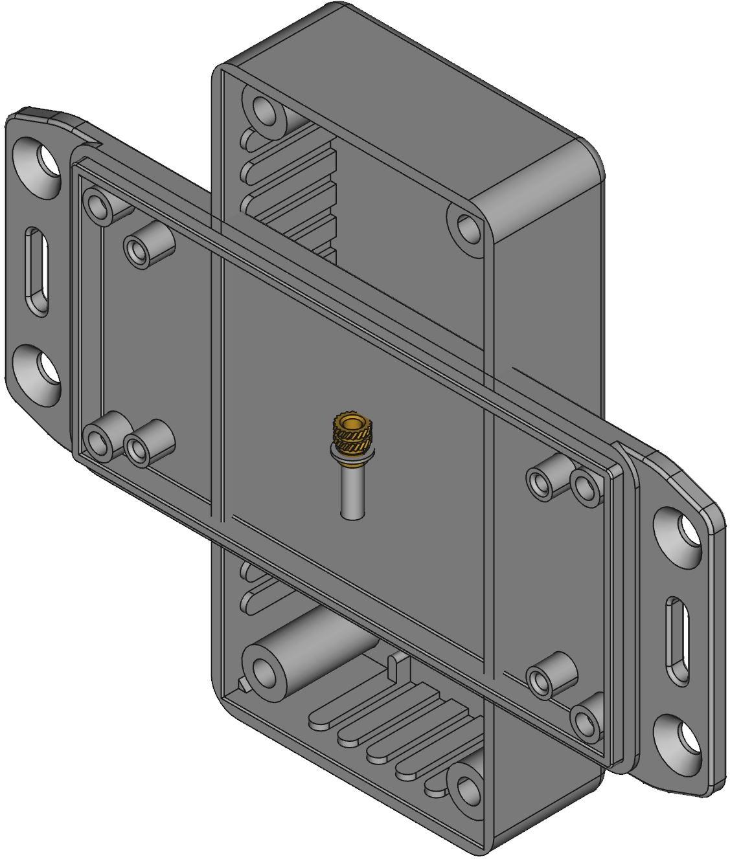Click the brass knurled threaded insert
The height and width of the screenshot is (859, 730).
click(352, 436)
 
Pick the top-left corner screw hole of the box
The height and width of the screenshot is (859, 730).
click(263, 108)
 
